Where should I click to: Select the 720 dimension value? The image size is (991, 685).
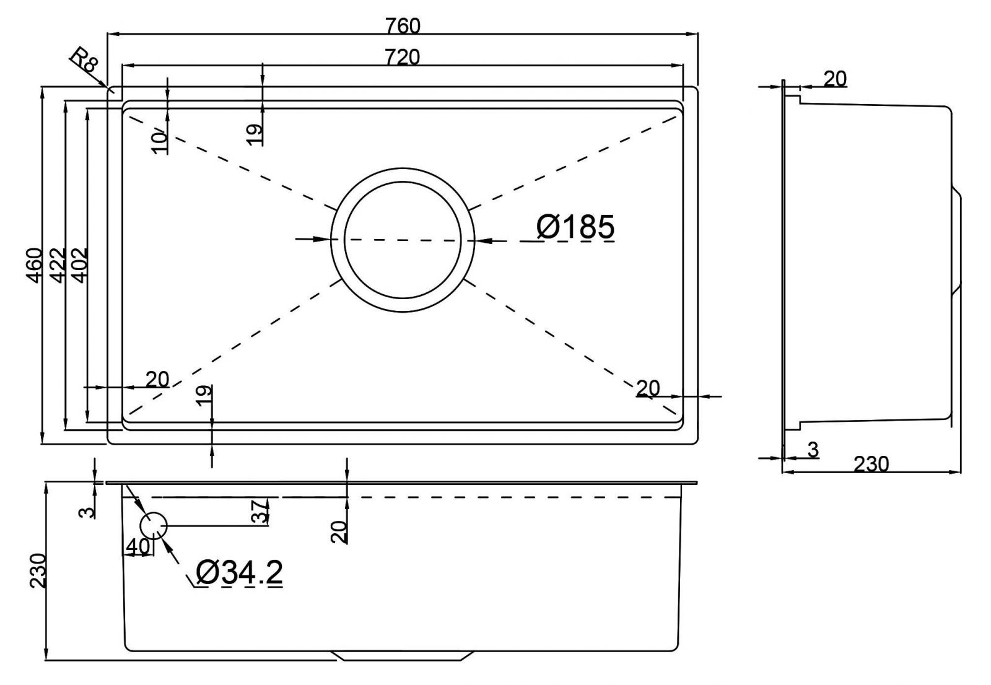(x=402, y=57)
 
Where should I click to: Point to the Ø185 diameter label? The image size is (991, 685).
(x=575, y=227)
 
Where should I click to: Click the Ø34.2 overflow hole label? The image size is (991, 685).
(x=239, y=572)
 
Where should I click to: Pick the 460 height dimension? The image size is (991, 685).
(x=34, y=265)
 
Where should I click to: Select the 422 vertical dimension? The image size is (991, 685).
(x=57, y=265)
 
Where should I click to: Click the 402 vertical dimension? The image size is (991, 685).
(x=79, y=265)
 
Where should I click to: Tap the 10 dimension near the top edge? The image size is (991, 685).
(x=160, y=141)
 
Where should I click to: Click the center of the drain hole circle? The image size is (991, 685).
(x=403, y=240)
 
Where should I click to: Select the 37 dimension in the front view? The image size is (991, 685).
(x=261, y=512)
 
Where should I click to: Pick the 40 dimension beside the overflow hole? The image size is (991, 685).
(x=137, y=547)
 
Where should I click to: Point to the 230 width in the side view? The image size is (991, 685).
(x=871, y=464)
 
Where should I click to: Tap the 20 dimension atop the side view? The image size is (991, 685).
(x=834, y=79)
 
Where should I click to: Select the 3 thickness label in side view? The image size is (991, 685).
(x=813, y=450)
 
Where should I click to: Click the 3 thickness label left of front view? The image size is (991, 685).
(x=89, y=512)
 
